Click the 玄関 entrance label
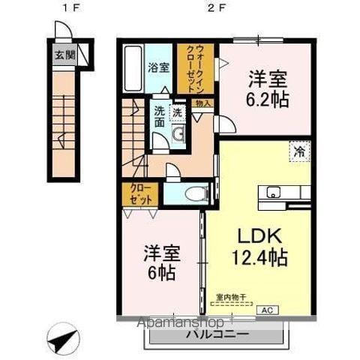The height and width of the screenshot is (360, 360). (x=64, y=55)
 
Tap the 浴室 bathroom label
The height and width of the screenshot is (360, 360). (x=158, y=67)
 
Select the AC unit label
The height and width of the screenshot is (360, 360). (x=266, y=308)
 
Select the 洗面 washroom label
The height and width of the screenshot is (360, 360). (x=160, y=116)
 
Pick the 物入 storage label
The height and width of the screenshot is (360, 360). (x=202, y=103)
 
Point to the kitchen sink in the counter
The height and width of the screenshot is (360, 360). (x=269, y=191)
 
